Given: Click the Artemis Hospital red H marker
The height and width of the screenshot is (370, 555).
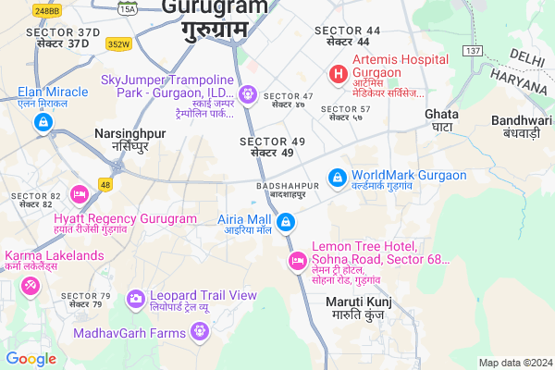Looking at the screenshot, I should tap(339, 72).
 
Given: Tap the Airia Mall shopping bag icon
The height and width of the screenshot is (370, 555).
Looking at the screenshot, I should tap(287, 223).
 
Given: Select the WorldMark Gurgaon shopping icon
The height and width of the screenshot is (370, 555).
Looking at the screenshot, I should tap(338, 176).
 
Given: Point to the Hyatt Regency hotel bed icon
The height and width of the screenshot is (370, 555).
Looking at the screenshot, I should tap(80, 195).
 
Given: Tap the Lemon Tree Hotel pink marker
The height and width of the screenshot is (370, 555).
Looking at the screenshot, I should tap(297, 262).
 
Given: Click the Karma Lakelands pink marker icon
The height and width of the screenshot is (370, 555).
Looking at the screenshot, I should tap(30, 287).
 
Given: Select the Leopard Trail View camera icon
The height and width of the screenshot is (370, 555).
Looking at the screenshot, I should tap(136, 297).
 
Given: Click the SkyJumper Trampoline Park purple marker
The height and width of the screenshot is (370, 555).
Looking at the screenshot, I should tap(247, 93).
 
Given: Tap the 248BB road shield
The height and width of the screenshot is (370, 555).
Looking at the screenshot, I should tap(48, 10).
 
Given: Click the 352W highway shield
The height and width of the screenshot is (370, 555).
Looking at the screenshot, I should tap(118, 43).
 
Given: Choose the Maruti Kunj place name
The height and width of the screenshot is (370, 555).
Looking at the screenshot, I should tap(360, 308).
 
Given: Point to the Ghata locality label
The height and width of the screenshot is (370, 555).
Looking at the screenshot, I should tap(440, 119).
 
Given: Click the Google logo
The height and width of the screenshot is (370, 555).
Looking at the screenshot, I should tap(31, 358).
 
